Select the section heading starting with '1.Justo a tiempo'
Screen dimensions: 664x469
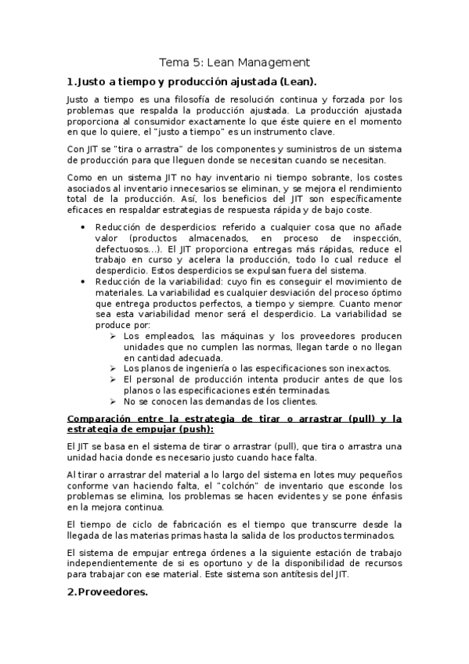click(x=192, y=81)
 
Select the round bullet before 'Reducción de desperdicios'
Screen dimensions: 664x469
click(x=84, y=226)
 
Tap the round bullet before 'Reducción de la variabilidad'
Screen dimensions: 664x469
click(x=84, y=281)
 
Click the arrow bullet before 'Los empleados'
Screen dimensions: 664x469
click(x=114, y=336)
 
